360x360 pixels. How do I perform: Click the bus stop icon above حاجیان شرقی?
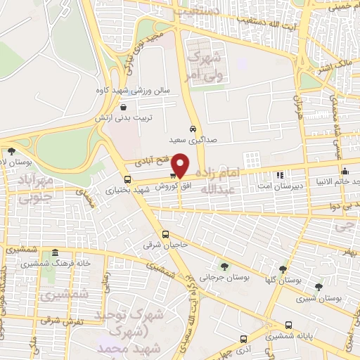[166, 234]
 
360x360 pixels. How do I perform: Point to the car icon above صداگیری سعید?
[193, 128]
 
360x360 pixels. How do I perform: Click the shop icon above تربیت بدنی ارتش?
[124, 108]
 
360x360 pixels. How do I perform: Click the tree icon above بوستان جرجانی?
[224, 266]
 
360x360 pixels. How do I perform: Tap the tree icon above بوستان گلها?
[283, 269]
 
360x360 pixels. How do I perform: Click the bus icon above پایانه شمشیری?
[290, 325]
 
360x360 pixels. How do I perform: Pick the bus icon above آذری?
[243, 338]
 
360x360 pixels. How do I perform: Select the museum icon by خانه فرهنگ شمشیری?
[54, 252]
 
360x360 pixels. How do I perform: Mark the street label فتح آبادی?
[149, 167]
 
